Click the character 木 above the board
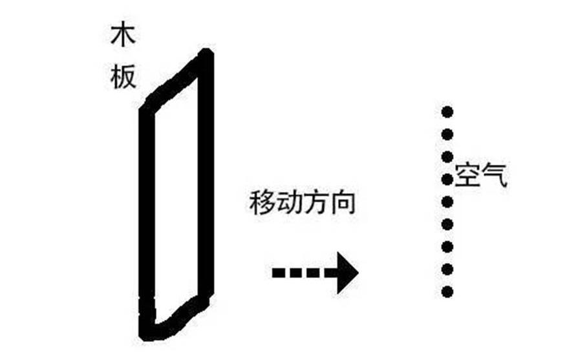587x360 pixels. (x=123, y=36)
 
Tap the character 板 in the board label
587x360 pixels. (x=123, y=78)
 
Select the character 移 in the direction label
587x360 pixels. (x=262, y=202)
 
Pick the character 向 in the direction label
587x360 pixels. (x=343, y=202)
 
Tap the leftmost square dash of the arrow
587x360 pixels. (x=278, y=273)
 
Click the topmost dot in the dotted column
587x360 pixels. (x=447, y=112)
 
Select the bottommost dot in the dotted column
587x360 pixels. (x=447, y=291)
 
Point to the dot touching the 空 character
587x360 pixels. (x=447, y=179)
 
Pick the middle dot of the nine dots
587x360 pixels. (x=447, y=202)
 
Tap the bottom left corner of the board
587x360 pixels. (x=145, y=335)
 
